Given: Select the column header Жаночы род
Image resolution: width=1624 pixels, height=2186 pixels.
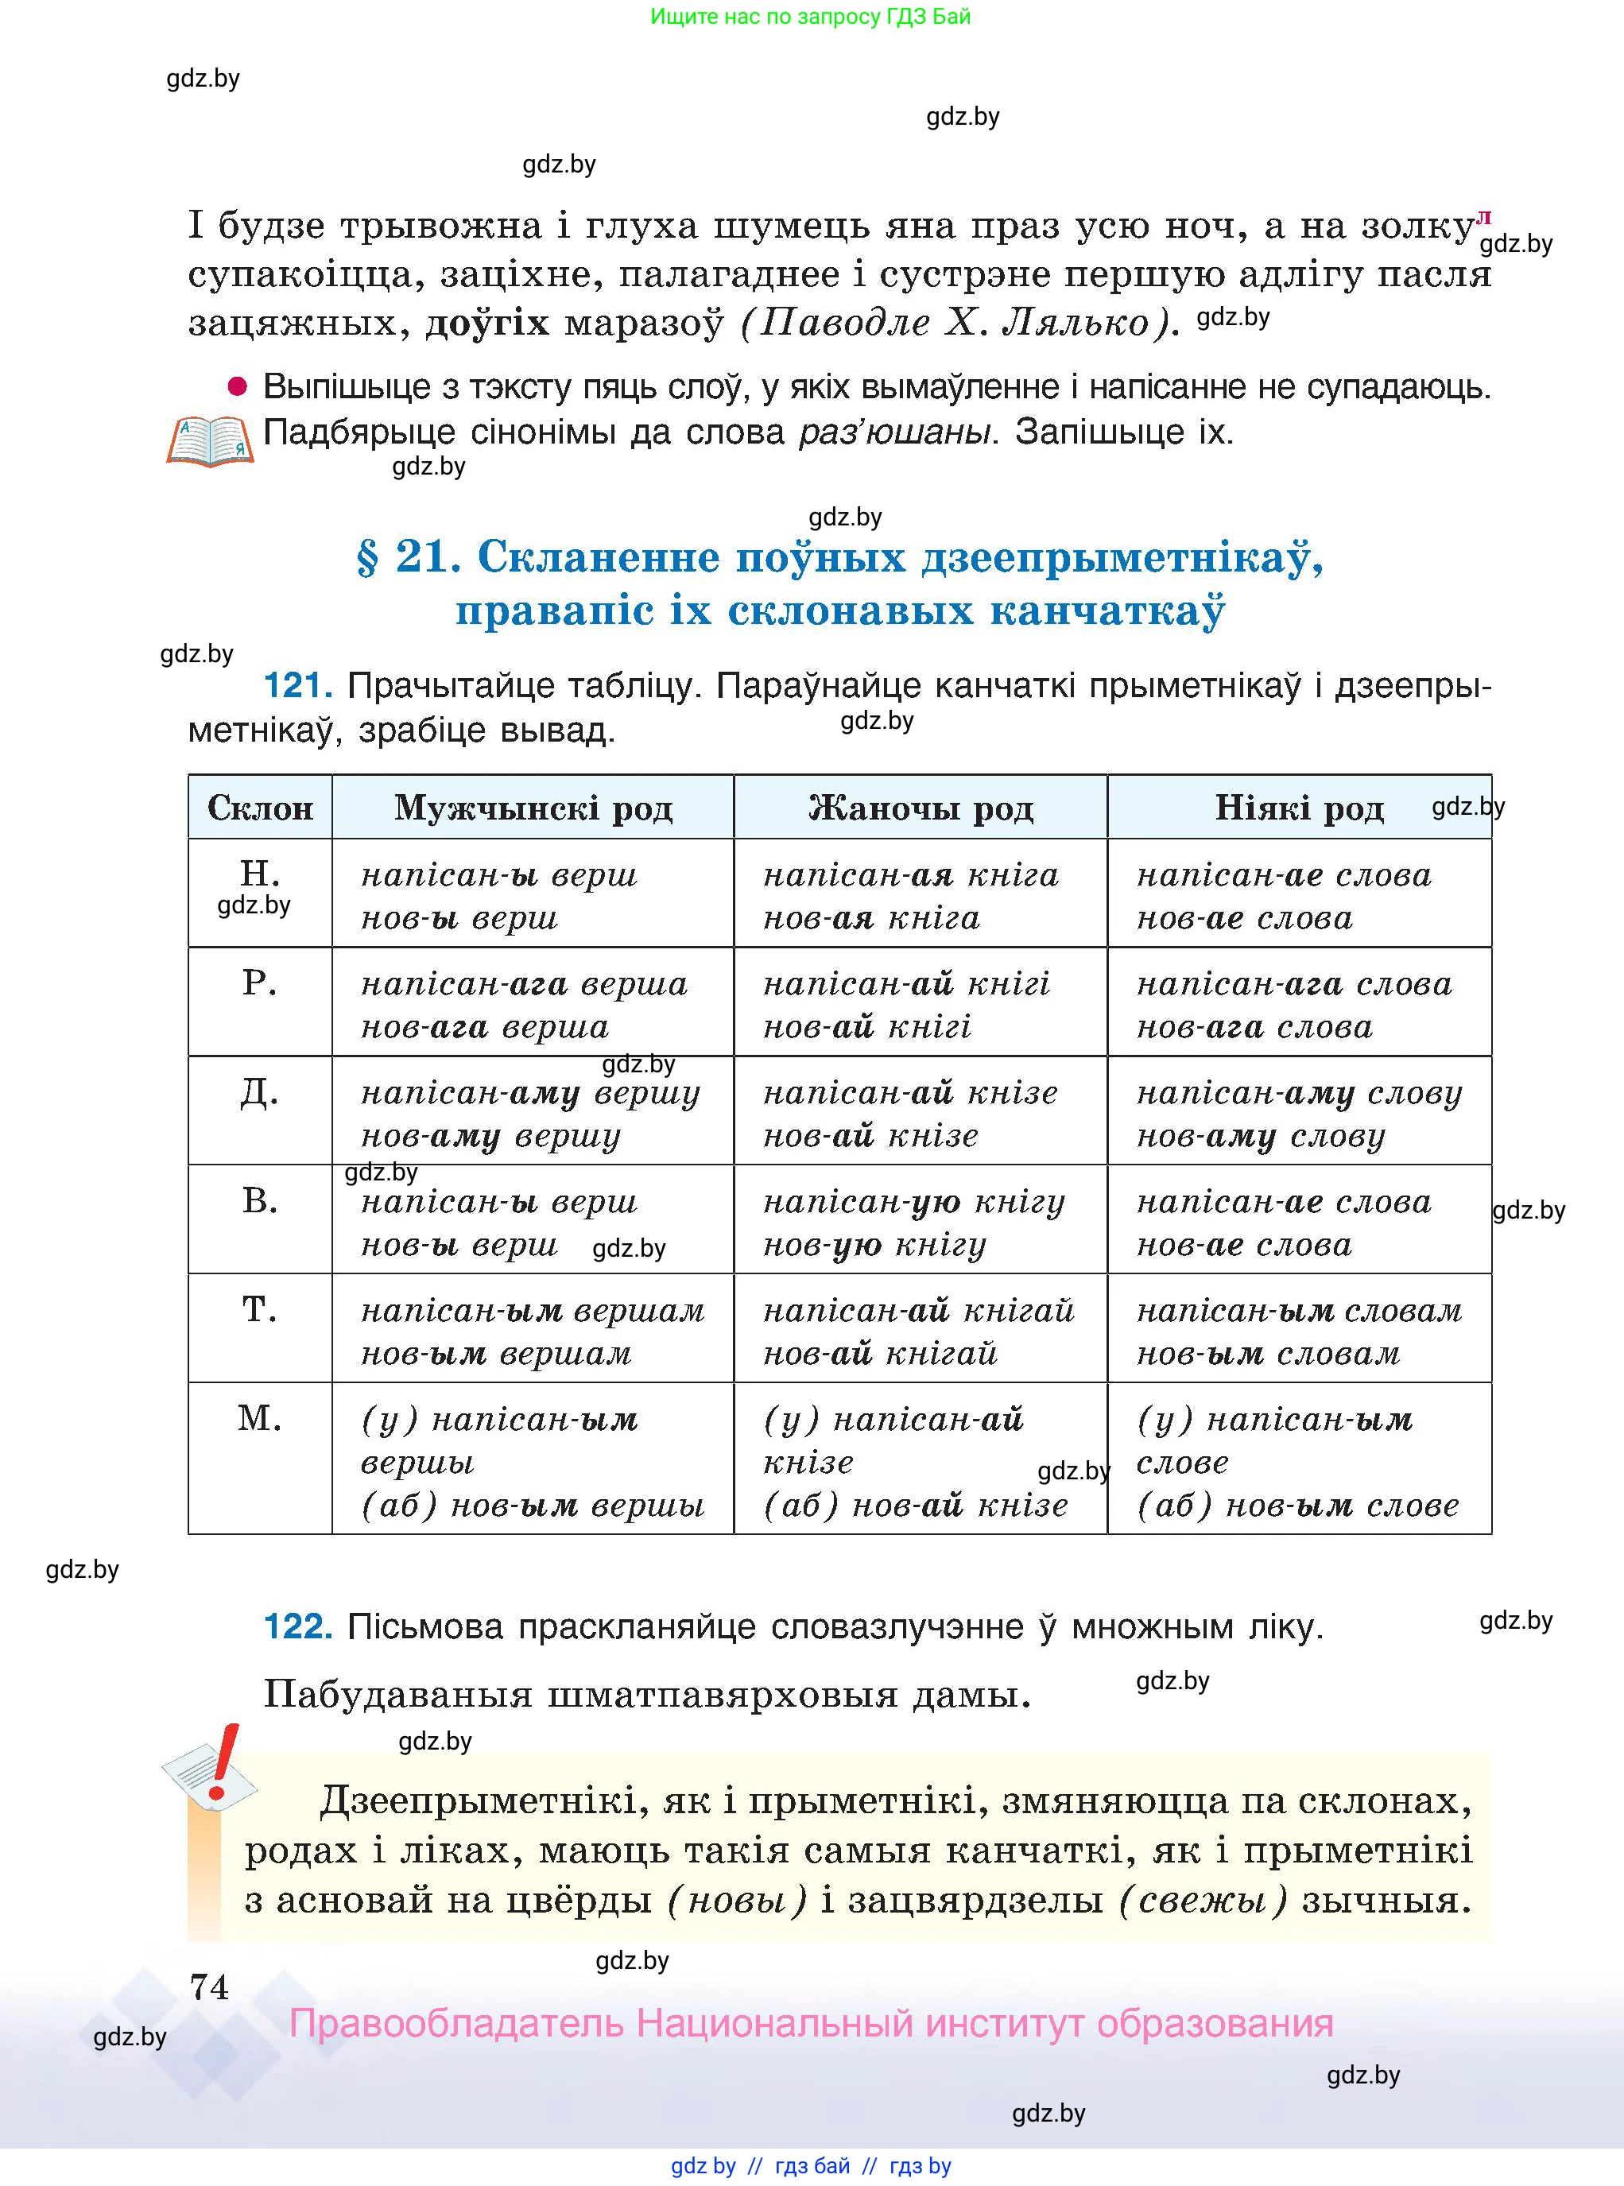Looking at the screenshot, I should pos(921,808).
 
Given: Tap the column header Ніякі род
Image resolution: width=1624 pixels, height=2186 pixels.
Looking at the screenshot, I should pos(1299,808).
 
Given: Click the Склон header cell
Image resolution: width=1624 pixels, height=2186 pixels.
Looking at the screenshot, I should pos(259,808).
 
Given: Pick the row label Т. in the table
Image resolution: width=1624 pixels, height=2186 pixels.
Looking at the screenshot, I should pos(259,1309).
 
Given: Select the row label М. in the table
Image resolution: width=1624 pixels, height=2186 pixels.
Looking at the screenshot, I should pos(259,1418).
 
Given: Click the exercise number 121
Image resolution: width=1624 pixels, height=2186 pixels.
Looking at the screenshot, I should pos(297,685).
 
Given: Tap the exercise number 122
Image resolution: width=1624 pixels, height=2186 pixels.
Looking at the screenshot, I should pos(297,1626).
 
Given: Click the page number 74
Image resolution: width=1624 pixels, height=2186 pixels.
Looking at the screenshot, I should pos(209,1987).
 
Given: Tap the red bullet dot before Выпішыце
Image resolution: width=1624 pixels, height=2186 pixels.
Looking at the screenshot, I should pos(237,386).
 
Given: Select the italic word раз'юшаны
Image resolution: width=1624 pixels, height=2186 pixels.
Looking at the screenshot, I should pos(893,432).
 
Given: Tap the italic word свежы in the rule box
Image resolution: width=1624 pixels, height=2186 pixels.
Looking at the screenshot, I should pos(1202,1900).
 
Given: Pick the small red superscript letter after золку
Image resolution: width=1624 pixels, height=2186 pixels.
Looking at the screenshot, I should pos(1483,217).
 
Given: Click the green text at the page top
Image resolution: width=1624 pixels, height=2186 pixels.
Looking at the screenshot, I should pos(810,17).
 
